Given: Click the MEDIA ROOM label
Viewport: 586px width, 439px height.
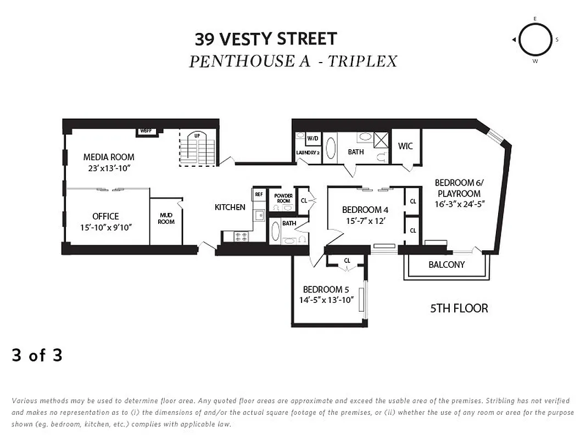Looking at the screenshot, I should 109,157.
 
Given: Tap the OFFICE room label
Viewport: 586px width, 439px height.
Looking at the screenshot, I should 105,216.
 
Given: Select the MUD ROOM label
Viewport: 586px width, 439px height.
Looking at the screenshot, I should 166,218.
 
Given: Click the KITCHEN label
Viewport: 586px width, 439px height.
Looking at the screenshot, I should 230,207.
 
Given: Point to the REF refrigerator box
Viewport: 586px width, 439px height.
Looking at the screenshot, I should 259,194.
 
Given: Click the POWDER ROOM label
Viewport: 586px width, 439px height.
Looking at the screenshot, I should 283,198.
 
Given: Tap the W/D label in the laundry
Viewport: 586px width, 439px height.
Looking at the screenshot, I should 312,138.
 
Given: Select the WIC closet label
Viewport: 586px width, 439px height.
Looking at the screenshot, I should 405,146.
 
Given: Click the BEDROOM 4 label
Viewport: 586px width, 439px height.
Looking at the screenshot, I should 365,210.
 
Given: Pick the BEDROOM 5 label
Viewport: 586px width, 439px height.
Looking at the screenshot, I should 326,290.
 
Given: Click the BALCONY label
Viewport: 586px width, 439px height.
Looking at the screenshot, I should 447,264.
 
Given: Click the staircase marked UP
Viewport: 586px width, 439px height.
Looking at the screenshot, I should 198,148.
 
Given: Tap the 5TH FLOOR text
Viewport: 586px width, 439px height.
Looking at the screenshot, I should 459,308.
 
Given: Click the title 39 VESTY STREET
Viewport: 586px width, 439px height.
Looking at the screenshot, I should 266,39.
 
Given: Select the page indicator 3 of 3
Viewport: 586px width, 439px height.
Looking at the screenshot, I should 37,356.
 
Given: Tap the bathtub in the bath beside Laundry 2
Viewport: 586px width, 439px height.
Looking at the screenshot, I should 331,148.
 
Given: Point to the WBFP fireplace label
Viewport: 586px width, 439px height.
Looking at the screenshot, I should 146,131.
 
